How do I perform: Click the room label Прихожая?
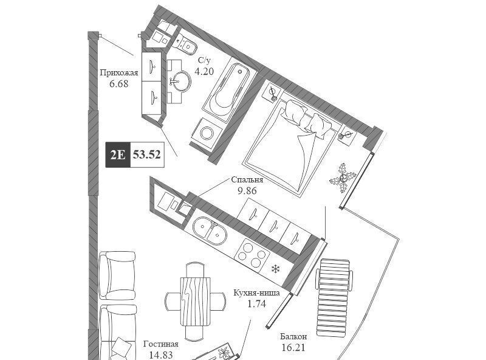tap(118, 73)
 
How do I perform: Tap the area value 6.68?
tap(118, 84)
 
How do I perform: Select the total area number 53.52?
tap(147, 154)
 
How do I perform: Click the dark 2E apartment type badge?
tap(118, 154)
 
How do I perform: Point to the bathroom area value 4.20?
tap(204, 71)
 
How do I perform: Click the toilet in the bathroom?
tap(185, 44)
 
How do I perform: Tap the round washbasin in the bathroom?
tap(179, 81)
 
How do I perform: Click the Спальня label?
tap(247, 179)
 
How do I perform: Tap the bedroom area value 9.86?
tap(247, 190)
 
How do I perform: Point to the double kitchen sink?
tap(210, 230)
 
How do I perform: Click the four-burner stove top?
tap(252, 254)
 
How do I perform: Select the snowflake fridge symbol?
tap(275, 269)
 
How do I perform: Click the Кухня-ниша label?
tap(256, 292)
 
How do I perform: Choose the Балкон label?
tap(293, 336)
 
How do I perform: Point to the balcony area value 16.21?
tap(293, 347)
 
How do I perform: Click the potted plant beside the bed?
tap(343, 178)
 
